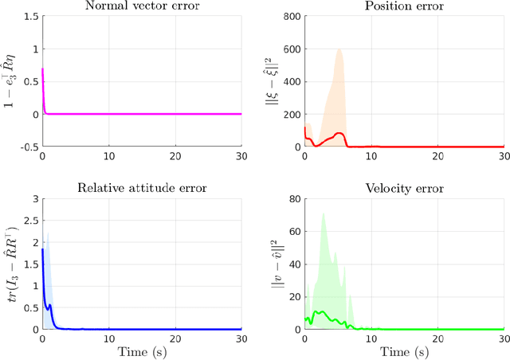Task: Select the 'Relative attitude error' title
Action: click(x=141, y=189)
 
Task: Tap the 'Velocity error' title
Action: click(x=403, y=189)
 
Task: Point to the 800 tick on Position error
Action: click(x=291, y=17)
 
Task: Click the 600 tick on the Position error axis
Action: click(x=291, y=49)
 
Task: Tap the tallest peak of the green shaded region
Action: click(x=323, y=213)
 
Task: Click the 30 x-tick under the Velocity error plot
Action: click(x=502, y=338)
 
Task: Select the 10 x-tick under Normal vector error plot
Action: click(x=108, y=156)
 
